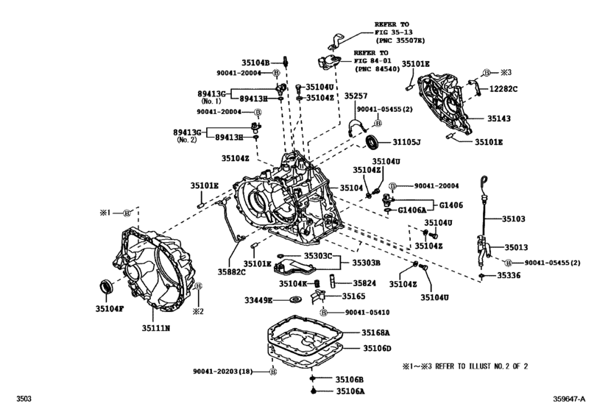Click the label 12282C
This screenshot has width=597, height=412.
504,88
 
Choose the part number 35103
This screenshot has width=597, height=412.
514,219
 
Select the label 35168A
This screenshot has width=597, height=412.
376,333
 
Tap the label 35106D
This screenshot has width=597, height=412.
376,348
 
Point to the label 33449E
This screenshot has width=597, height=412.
258,300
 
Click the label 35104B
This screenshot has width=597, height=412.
258,62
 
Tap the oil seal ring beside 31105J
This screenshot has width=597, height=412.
374,142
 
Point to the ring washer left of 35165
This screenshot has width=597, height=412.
297,299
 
